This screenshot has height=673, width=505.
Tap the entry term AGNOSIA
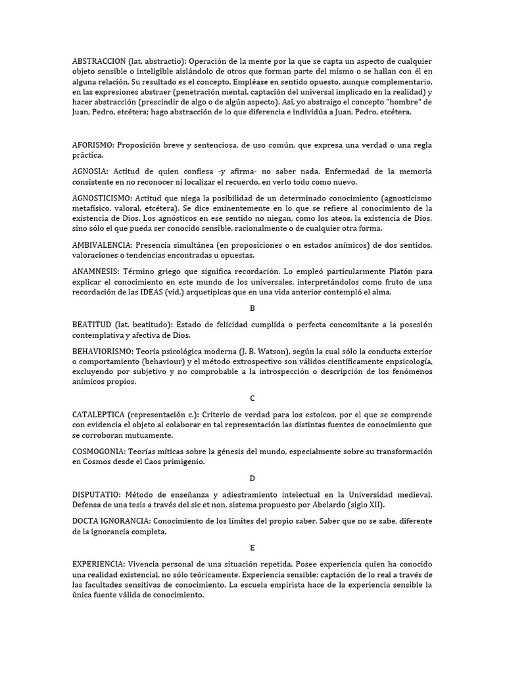pos(90,171)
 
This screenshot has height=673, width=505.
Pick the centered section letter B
pos(252,308)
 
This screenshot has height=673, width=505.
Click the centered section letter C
pos(252,398)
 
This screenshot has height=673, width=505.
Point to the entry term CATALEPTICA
pos(99,415)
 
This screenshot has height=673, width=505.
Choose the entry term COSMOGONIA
pos(100,452)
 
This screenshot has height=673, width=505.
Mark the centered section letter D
pos(252,478)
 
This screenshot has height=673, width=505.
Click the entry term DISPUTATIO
pos(97,494)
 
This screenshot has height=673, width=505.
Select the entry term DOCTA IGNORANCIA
pos(110,521)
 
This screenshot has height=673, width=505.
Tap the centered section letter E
pos(252,547)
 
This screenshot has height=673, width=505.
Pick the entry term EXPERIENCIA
pos(99,565)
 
